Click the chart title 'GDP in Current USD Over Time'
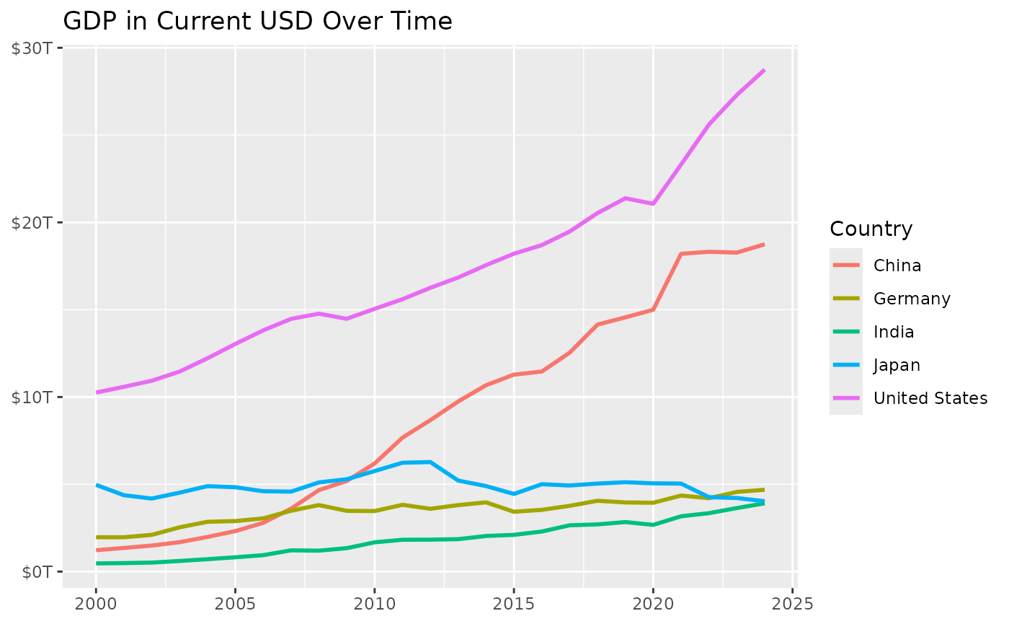pos(257,22)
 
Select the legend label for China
pos(897,265)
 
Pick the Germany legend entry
pos(912,299)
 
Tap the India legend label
pos(894,332)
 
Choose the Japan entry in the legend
pos(897,365)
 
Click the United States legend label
pos(930,398)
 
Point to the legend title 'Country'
pos(871,229)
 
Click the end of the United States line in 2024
pos(764,70)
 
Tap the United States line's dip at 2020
pos(653,203)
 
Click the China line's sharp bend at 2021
pos(681,254)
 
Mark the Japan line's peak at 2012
pos(430,462)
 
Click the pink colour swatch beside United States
pos(846,398)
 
